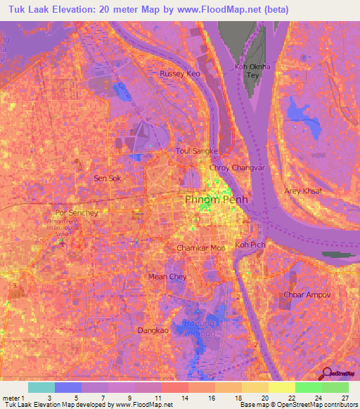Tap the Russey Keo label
pyautogui.click(x=180, y=73)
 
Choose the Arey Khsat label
pyautogui.click(x=302, y=191)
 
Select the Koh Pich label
pyautogui.click(x=250, y=245)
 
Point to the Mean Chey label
pyautogui.click(x=167, y=277)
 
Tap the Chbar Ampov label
pyautogui.click(x=307, y=295)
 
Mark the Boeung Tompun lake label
pyautogui.click(x=199, y=327)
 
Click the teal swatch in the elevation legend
pyautogui.click(x=41, y=387)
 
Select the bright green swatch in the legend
pyautogui.click(x=308, y=387)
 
